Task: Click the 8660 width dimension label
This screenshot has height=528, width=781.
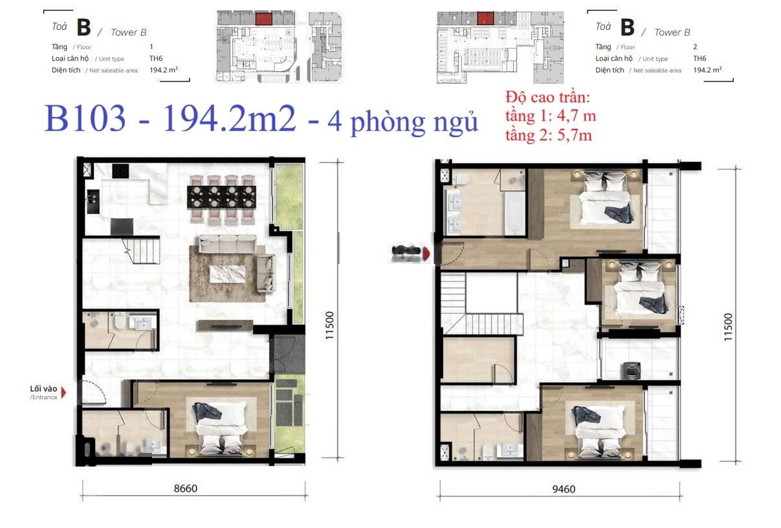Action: coord(185,489)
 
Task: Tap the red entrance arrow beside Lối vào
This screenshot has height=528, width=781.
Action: coord(63,391)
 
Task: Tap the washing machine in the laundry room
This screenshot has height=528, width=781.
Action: coord(629,370)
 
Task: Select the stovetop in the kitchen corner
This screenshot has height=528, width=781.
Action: coord(120,171)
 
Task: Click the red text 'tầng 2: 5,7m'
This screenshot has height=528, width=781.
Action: coord(549,135)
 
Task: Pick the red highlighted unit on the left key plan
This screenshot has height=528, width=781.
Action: coord(263,18)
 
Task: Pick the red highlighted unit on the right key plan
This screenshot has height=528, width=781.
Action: coord(485,18)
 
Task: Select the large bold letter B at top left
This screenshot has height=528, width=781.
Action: coord(83,28)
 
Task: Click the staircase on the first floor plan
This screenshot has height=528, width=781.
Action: coord(141,251)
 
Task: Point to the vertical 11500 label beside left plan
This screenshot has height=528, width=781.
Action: coord(330,326)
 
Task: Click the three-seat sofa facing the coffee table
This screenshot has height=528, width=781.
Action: coord(227,244)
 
